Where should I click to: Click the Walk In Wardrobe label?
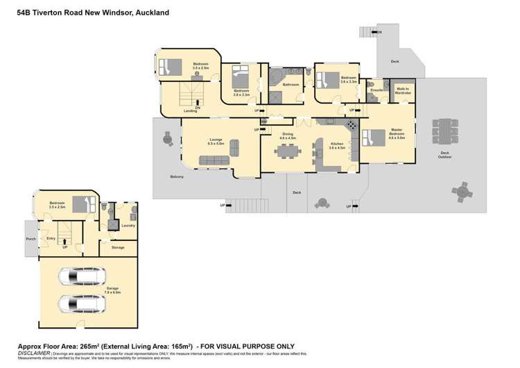(401, 90)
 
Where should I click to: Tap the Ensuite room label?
(377, 90)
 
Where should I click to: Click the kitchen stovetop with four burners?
(352, 125)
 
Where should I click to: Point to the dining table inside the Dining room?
(286, 151)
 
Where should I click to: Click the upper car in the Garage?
(82, 278)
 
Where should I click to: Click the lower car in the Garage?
(82, 304)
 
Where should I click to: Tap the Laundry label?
(127, 225)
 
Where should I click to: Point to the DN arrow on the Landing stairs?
(198, 103)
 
